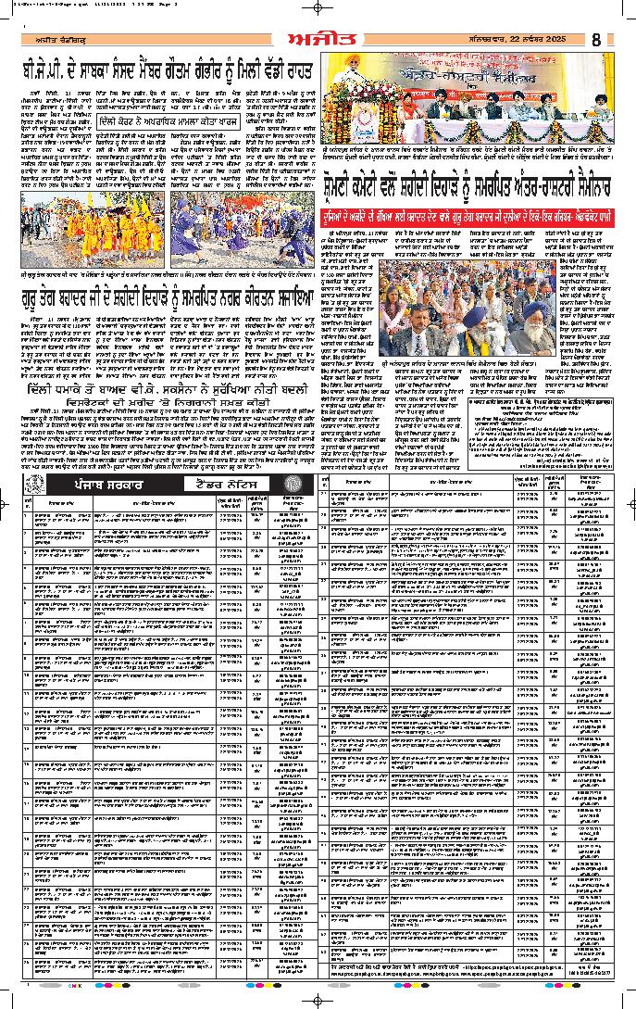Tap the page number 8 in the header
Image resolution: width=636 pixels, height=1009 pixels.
pyautogui.click(x=596, y=40)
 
